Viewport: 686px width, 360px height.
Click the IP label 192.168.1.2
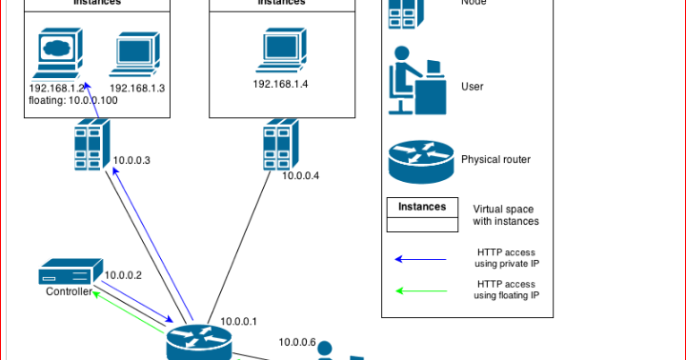58,88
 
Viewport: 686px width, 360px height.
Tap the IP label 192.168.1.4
281,84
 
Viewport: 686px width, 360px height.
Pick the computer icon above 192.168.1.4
282,50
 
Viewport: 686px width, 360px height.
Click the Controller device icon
71,274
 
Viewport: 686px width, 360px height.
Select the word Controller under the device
70,292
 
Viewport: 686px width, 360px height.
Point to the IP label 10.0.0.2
123,275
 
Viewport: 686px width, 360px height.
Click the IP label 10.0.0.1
239,322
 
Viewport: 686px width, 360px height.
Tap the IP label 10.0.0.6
296,343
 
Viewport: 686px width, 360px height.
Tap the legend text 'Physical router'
495,160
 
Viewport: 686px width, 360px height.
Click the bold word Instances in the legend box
421,207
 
